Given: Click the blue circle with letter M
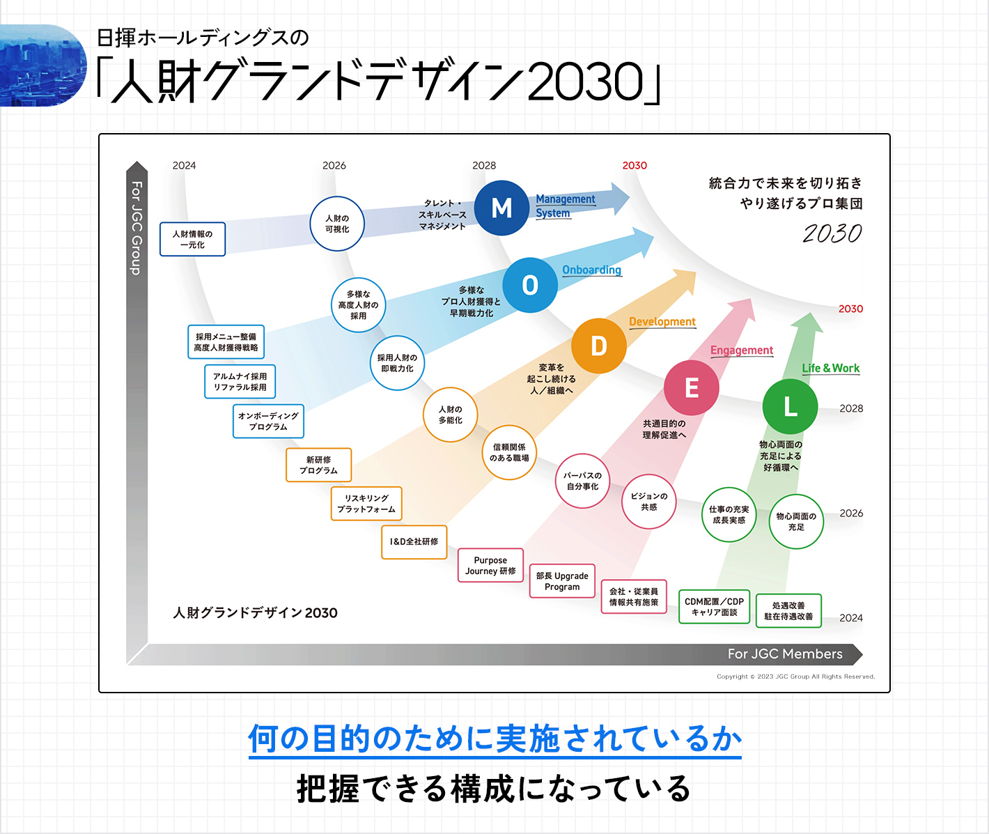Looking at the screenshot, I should (501, 208).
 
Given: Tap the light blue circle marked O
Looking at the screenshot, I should (530, 284).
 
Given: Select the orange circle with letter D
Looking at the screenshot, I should (598, 346).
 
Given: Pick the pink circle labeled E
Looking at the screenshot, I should (691, 388).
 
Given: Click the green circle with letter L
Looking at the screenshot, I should (790, 406).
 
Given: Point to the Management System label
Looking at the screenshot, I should (565, 206).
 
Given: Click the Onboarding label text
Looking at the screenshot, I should (591, 270).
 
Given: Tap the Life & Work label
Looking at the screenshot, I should (830, 369).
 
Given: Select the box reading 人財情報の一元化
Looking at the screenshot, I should (192, 240).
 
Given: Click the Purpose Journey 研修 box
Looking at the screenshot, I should (490, 566).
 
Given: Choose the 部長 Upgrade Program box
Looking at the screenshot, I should (562, 581).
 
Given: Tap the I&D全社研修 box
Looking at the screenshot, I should (414, 542).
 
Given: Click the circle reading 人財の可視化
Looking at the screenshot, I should (337, 224).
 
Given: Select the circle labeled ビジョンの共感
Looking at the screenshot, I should (648, 502).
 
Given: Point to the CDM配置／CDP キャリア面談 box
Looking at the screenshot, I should (714, 607).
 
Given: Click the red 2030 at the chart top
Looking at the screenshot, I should (634, 166).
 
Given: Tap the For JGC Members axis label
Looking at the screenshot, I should (785, 654).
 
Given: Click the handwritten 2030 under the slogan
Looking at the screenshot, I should (832, 233).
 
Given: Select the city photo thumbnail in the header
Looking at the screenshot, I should (42, 65).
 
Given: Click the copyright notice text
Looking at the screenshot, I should (795, 677).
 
